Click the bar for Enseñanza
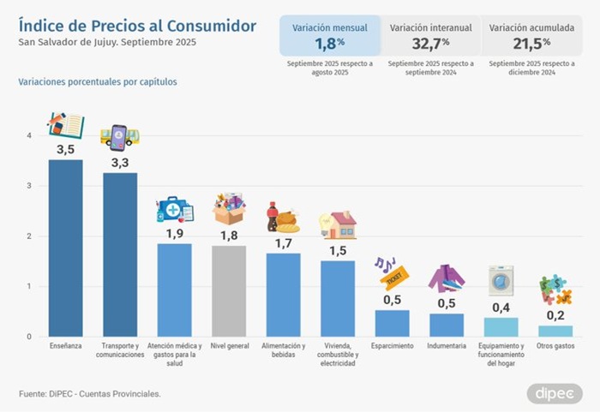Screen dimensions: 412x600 (x=65, y=248)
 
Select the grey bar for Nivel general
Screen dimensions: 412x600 (x=229, y=290)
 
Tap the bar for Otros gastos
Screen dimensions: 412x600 (x=555, y=331)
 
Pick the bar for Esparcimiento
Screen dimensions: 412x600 (x=393, y=323)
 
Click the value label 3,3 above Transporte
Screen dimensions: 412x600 (x=120, y=162)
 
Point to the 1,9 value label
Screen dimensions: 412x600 (x=174, y=233)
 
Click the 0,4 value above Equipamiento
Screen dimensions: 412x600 (x=501, y=307)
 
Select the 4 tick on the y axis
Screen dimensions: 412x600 (x=29, y=135)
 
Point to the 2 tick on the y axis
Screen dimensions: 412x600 (x=29, y=236)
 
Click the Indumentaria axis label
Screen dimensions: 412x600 (x=447, y=346)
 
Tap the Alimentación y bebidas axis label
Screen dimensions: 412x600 (x=284, y=350)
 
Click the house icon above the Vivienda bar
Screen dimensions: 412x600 (x=338, y=224)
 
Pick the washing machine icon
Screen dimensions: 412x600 (x=501, y=280)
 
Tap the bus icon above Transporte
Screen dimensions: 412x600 (x=120, y=136)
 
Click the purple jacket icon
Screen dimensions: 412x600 (x=446, y=278)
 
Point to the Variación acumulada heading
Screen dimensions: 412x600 (x=531, y=27)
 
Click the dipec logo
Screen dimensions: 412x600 (x=554, y=392)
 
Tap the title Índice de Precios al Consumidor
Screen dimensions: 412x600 (x=136, y=26)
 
